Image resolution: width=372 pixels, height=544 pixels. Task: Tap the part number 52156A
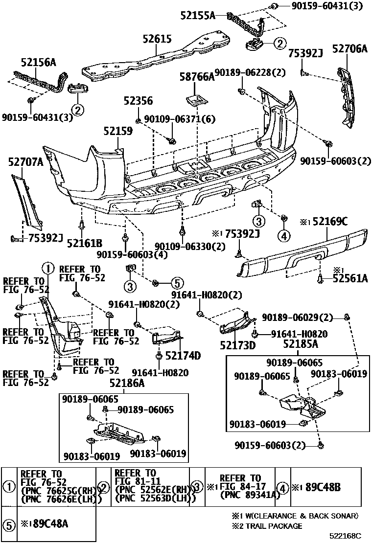click(38, 62)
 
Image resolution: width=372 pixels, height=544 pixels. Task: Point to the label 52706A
click(349, 48)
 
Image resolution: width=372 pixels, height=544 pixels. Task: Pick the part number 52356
click(138, 101)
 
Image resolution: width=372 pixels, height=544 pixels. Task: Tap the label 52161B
click(84, 242)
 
